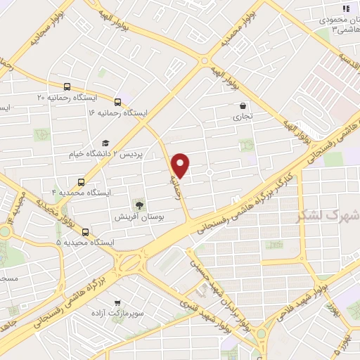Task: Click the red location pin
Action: (181, 165)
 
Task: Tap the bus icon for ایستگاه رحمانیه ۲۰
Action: (67, 87)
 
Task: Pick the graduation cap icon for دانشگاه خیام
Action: (105, 143)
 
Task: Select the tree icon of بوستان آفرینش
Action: (139, 206)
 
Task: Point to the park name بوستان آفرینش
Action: (139, 218)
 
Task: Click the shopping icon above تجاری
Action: (242, 106)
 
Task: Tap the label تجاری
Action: (242, 117)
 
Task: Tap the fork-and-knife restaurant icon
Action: (345, 8)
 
